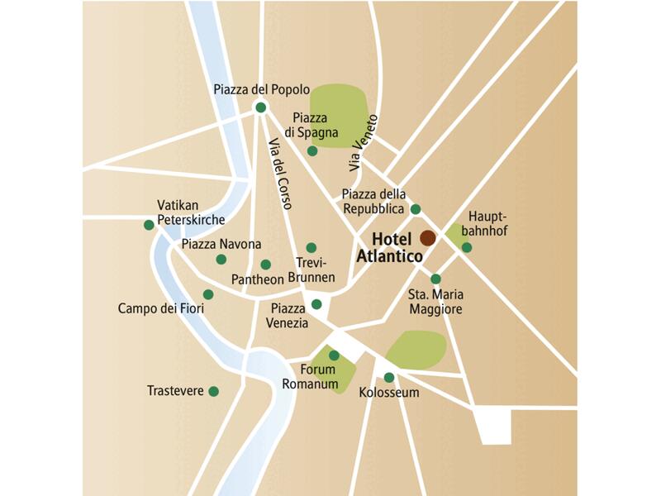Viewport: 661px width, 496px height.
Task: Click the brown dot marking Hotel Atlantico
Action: (x=427, y=238)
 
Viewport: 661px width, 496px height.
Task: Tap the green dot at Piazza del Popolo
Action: (x=261, y=107)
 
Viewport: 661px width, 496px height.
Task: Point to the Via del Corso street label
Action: (x=281, y=174)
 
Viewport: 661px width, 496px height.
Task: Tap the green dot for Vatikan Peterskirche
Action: (x=149, y=224)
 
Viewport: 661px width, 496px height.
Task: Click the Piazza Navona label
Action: (x=221, y=244)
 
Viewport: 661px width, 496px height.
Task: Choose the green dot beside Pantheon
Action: (x=265, y=265)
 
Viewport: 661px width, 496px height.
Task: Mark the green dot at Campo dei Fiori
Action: (x=208, y=294)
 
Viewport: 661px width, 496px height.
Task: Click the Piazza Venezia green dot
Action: (x=316, y=304)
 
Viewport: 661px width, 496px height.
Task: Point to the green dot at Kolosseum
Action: (x=389, y=378)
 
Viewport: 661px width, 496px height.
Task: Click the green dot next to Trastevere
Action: (x=214, y=391)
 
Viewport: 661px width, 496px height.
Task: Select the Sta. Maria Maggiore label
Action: (x=435, y=302)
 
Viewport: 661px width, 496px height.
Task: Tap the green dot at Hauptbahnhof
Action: (x=467, y=247)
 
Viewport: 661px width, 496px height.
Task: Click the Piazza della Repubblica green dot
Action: (x=416, y=209)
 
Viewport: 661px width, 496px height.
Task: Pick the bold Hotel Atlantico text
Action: (x=389, y=248)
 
